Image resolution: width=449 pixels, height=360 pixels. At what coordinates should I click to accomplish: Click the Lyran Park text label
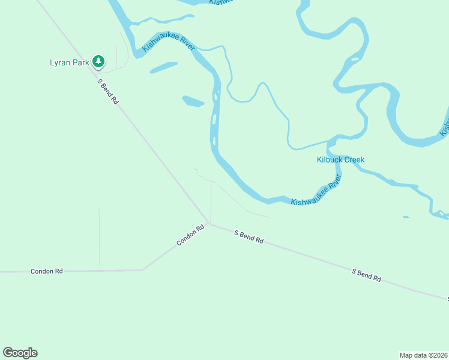pyautogui.click(x=70, y=62)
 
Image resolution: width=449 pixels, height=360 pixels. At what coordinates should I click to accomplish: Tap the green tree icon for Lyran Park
pyautogui.click(x=98, y=61)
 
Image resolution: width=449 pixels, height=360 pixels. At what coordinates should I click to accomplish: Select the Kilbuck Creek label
pyautogui.click(x=340, y=160)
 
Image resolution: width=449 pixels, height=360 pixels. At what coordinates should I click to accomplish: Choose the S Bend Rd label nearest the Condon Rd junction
pyautogui.click(x=249, y=236)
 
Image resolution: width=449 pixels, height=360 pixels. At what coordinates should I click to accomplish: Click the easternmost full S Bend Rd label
pyautogui.click(x=366, y=275)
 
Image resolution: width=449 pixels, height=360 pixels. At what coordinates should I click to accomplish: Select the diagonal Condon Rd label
pyautogui.click(x=191, y=235)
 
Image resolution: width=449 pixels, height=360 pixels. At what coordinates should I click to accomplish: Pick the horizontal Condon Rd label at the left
pyautogui.click(x=47, y=271)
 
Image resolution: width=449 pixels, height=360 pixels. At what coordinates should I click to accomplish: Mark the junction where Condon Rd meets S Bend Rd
pyautogui.click(x=209, y=224)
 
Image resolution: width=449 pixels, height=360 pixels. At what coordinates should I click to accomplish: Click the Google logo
pyautogui.click(x=20, y=353)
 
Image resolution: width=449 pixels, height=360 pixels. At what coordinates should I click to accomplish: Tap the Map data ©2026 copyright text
pyautogui.click(x=424, y=355)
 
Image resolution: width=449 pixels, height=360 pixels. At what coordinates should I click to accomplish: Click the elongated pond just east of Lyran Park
pyautogui.click(x=163, y=67)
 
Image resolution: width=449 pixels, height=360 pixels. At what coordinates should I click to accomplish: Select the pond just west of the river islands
pyautogui.click(x=193, y=101)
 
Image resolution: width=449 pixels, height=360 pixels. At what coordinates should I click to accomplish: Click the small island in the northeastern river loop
pyautogui.click(x=355, y=59)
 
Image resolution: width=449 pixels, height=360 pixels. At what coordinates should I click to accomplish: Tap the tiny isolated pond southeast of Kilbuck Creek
pyautogui.click(x=406, y=217)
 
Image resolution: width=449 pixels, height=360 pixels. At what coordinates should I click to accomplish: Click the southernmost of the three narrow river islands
pyautogui.click(x=214, y=142)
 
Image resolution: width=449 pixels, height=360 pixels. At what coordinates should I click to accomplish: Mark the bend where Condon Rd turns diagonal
pyautogui.click(x=142, y=269)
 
